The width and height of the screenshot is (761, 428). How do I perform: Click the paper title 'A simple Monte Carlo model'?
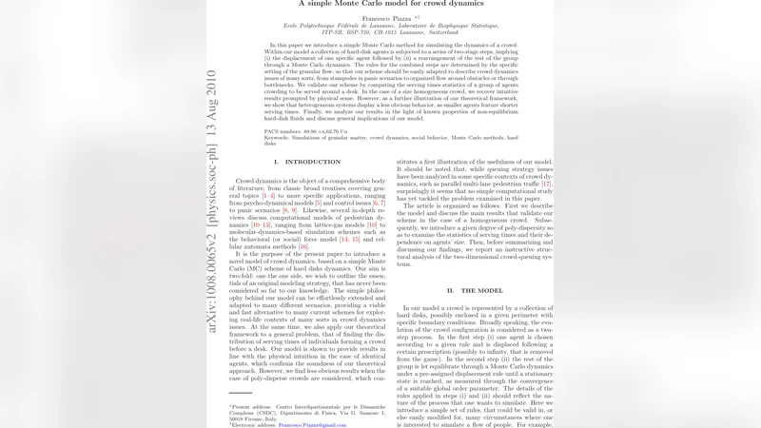(380, 4)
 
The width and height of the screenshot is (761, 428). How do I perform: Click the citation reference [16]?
(303, 246)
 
